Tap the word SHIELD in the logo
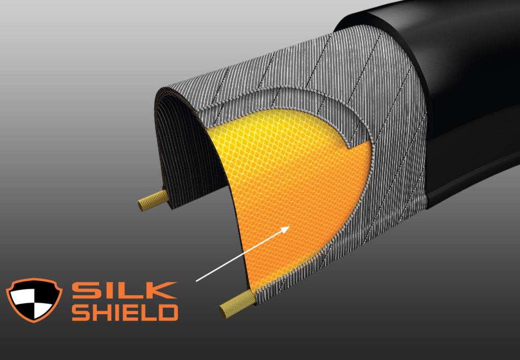[x=125, y=312]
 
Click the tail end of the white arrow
[x=197, y=280]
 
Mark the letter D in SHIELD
[x=167, y=312]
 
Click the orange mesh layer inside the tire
[x=284, y=193]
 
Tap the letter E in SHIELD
[x=132, y=312]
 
